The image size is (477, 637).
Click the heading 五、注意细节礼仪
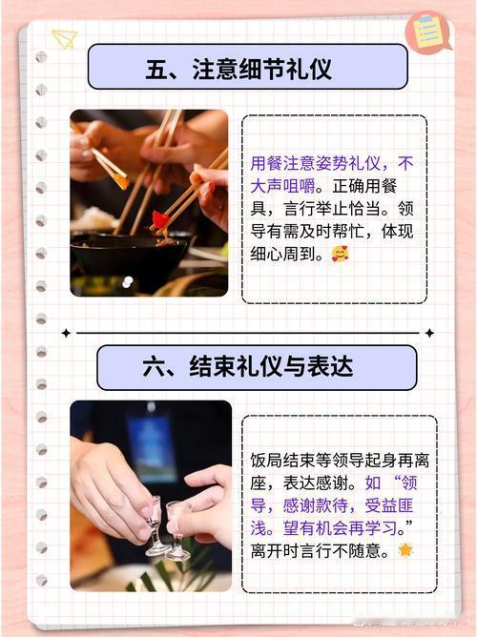pos(238,69)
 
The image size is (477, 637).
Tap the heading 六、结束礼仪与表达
pos(248,367)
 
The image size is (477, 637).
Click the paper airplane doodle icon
pos(64,39)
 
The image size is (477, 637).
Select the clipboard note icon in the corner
pos(427,32)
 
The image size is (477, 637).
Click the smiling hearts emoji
pos(340,254)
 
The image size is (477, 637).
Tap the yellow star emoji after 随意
pos(405,550)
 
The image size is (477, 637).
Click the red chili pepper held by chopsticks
pos(159,219)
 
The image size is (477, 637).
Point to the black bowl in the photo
pos(129,256)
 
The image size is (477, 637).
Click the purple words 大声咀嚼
pos(282,187)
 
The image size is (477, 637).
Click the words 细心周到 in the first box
pos(282,254)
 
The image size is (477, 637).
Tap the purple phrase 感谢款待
pos(315,505)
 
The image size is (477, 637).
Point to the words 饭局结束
pos(282,461)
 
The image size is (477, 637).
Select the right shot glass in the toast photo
pos(177,530)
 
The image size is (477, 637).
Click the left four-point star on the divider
pos(66,333)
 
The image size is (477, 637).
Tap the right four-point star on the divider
pos(429,333)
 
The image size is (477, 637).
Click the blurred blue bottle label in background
pos(152,446)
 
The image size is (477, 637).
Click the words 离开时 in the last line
pos(275,551)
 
